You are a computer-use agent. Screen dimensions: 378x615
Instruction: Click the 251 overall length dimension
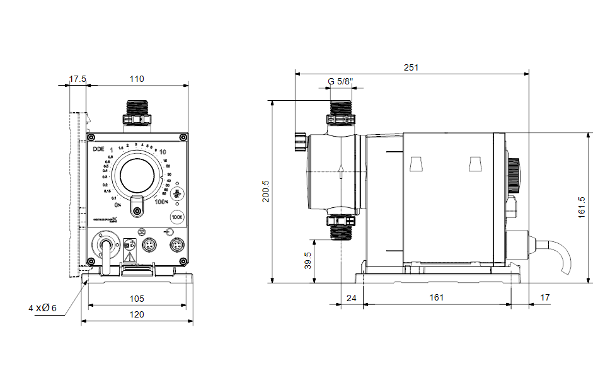click(410, 67)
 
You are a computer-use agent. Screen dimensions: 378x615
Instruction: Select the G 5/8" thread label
click(341, 82)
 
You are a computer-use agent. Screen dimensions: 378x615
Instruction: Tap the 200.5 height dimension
click(265, 191)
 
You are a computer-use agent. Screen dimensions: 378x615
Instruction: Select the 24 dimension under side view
click(352, 297)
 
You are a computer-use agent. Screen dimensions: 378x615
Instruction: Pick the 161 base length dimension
click(435, 297)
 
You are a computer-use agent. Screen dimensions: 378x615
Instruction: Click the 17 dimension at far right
click(545, 297)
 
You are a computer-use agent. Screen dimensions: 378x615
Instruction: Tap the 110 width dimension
click(136, 79)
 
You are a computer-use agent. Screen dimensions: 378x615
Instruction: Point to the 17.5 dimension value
click(78, 79)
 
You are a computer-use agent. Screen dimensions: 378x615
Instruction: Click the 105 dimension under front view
click(136, 298)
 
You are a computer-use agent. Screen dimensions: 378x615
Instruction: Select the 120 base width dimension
click(136, 314)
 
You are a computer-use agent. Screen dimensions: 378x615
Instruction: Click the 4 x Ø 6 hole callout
click(42, 308)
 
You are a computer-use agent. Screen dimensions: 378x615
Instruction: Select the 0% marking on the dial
click(117, 205)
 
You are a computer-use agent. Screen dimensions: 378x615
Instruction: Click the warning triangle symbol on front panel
click(130, 257)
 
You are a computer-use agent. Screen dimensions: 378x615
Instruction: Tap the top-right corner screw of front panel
click(183, 137)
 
